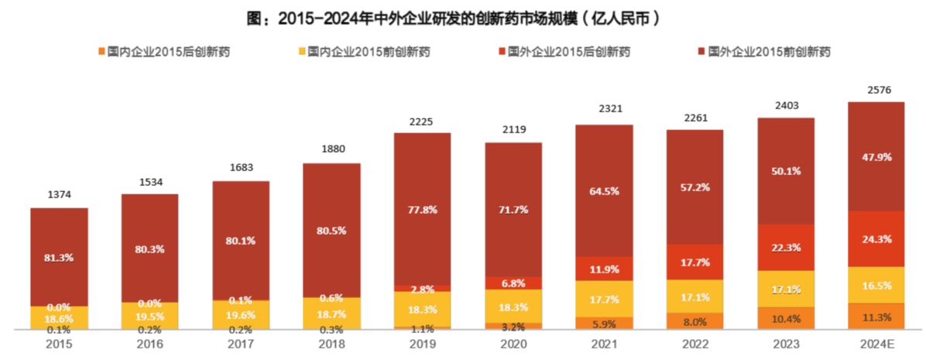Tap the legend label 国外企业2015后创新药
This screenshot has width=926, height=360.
(568, 52)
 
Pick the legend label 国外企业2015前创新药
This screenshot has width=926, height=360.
(770, 52)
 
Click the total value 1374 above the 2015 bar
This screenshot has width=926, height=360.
(59, 194)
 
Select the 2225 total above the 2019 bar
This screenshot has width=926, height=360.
(423, 121)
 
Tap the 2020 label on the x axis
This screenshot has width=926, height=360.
(514, 342)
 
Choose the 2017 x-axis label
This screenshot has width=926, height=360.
(241, 342)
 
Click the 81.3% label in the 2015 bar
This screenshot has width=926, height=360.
(59, 257)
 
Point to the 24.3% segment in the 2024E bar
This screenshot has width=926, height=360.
(877, 239)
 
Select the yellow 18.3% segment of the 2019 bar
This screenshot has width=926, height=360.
(423, 309)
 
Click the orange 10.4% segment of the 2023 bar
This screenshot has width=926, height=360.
(786, 318)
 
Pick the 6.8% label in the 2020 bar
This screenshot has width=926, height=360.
(514, 283)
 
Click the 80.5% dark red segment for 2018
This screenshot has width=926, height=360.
(331, 230)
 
